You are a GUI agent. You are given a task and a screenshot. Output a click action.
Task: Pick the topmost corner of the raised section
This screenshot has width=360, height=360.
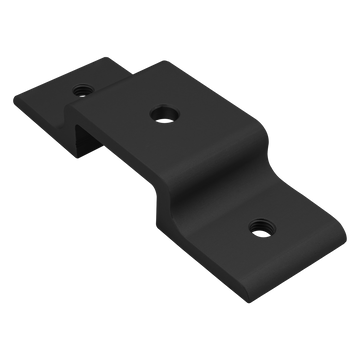click(150, 62)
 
